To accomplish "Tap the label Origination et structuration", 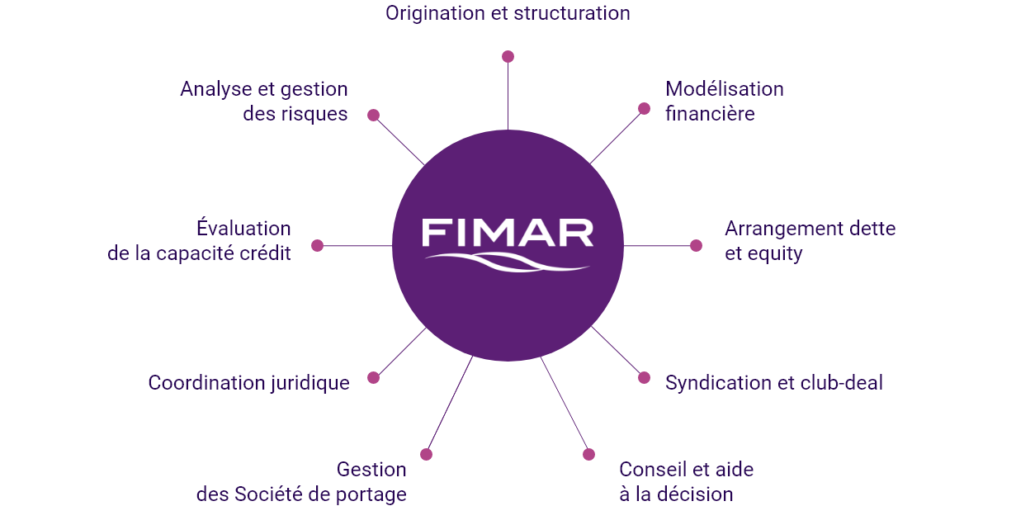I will pyautogui.click(x=508, y=13).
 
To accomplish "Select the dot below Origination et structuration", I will pyautogui.click(x=508, y=57).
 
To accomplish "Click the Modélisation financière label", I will pyautogui.click(x=725, y=101).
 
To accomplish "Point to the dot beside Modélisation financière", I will pyautogui.click(x=644, y=108).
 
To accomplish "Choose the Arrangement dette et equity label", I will pyautogui.click(x=810, y=241).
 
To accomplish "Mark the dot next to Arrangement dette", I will pyautogui.click(x=696, y=246).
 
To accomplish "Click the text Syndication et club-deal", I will pyautogui.click(x=773, y=383).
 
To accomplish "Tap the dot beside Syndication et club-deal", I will pyautogui.click(x=645, y=378).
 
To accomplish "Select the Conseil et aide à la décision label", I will pyautogui.click(x=686, y=482).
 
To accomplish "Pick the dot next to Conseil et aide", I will pyautogui.click(x=588, y=454).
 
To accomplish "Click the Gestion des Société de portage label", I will pyautogui.click(x=302, y=482).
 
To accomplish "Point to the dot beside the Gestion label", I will pyautogui.click(x=426, y=454).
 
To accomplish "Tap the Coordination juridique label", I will pyautogui.click(x=248, y=383).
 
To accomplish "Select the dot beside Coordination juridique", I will pyautogui.click(x=373, y=377).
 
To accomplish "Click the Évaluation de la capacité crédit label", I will pyautogui.click(x=200, y=241).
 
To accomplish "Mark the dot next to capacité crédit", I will pyautogui.click(x=318, y=246).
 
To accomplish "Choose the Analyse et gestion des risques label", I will pyautogui.click(x=265, y=101).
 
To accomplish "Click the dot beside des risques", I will pyautogui.click(x=373, y=116).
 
